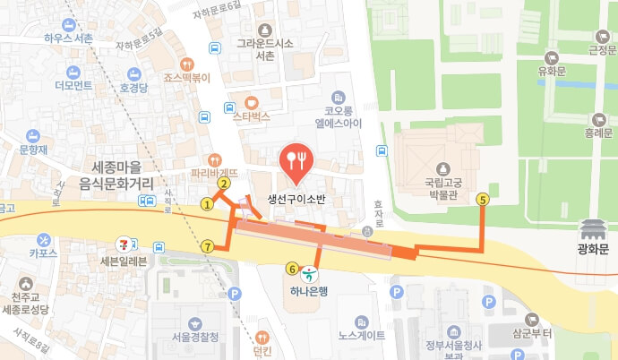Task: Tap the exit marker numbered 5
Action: (x=484, y=200)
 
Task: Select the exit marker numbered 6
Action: (x=292, y=267)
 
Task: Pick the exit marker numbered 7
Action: (x=208, y=246)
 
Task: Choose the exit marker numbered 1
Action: (x=207, y=203)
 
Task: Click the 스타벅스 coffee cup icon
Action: (x=252, y=100)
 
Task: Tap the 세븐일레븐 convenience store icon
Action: (x=124, y=244)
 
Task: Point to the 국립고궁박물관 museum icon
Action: (x=442, y=169)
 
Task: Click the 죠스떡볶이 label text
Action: (x=187, y=77)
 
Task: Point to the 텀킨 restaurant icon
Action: (x=262, y=339)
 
